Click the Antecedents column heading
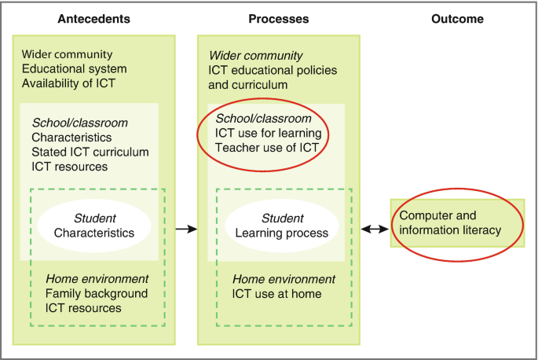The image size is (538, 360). pyautogui.click(x=94, y=18)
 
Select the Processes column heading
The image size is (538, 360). pyautogui.click(x=279, y=18)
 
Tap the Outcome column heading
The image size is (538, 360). pyautogui.click(x=457, y=18)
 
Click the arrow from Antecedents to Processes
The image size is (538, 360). pyautogui.click(x=185, y=229)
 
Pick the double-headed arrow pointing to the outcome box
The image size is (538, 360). pyautogui.click(x=374, y=229)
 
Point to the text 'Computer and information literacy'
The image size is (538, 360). pyautogui.click(x=450, y=222)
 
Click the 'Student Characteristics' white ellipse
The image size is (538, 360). pyautogui.click(x=94, y=226)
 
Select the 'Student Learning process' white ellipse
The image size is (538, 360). pyautogui.click(x=282, y=226)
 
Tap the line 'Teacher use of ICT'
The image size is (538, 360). pyautogui.click(x=267, y=147)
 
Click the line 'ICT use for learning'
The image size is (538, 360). pyautogui.click(x=269, y=133)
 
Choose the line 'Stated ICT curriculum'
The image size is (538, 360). pyautogui.click(x=90, y=152)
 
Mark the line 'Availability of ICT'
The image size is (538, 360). pyautogui.click(x=68, y=83)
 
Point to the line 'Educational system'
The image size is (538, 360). pyautogui.click(x=75, y=69)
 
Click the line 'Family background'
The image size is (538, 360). pyautogui.click(x=97, y=293)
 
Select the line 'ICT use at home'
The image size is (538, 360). pyautogui.click(x=276, y=294)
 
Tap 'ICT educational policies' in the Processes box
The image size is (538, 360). pyautogui.click(x=273, y=70)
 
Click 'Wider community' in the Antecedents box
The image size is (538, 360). pyautogui.click(x=68, y=55)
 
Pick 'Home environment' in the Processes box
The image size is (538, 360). pyautogui.click(x=284, y=279)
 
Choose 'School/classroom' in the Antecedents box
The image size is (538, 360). pyautogui.click(x=79, y=123)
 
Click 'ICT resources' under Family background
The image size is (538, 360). pyautogui.click(x=83, y=307)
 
